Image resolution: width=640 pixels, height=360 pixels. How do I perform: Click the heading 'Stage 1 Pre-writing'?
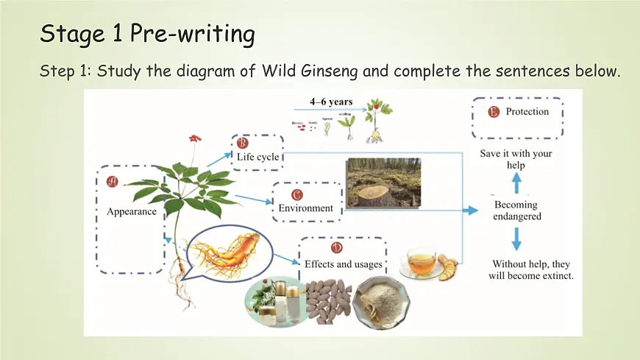(x=147, y=33)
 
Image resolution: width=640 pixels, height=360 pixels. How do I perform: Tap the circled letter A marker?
(x=113, y=180)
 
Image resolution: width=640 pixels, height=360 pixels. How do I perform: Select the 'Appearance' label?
(x=132, y=211)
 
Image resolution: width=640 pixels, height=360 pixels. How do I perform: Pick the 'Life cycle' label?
(x=257, y=156)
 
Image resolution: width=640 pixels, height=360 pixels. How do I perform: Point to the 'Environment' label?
(x=305, y=208)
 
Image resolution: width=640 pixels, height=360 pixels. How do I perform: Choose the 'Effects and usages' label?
(x=344, y=263)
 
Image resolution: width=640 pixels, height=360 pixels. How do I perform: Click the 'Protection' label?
(x=527, y=112)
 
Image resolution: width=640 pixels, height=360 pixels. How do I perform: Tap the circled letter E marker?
(x=493, y=112)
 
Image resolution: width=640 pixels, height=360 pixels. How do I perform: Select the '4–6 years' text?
(x=331, y=102)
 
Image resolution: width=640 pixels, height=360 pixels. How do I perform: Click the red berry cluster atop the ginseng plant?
(x=195, y=138)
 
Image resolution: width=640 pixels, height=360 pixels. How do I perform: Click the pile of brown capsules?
(x=321, y=301)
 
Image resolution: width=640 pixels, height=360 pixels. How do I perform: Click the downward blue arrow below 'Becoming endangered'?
(x=516, y=238)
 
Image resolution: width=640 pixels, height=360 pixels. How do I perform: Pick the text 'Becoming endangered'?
(x=517, y=211)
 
